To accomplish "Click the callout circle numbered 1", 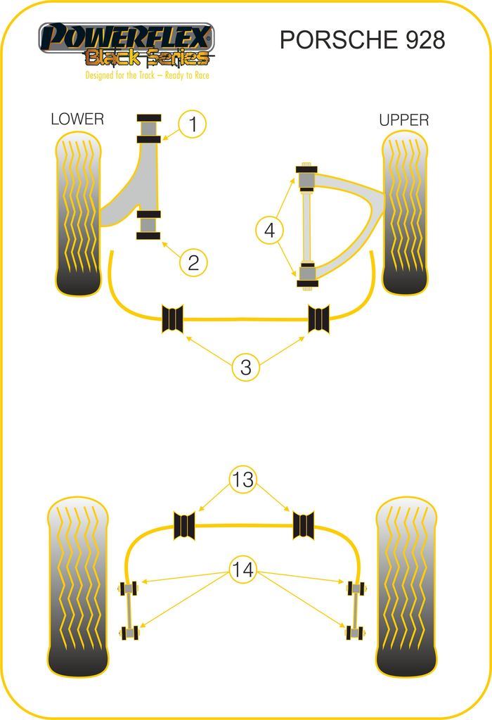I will point(193,125).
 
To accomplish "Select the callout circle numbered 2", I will point(193,262).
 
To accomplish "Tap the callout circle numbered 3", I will point(246,366).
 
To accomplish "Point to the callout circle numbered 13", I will point(243,480).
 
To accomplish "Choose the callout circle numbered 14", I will point(243,569).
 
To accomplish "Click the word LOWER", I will point(77,119).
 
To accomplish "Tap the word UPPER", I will point(403,120).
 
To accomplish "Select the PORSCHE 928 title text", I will point(362,40).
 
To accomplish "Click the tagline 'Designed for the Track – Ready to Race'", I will point(147,75).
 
